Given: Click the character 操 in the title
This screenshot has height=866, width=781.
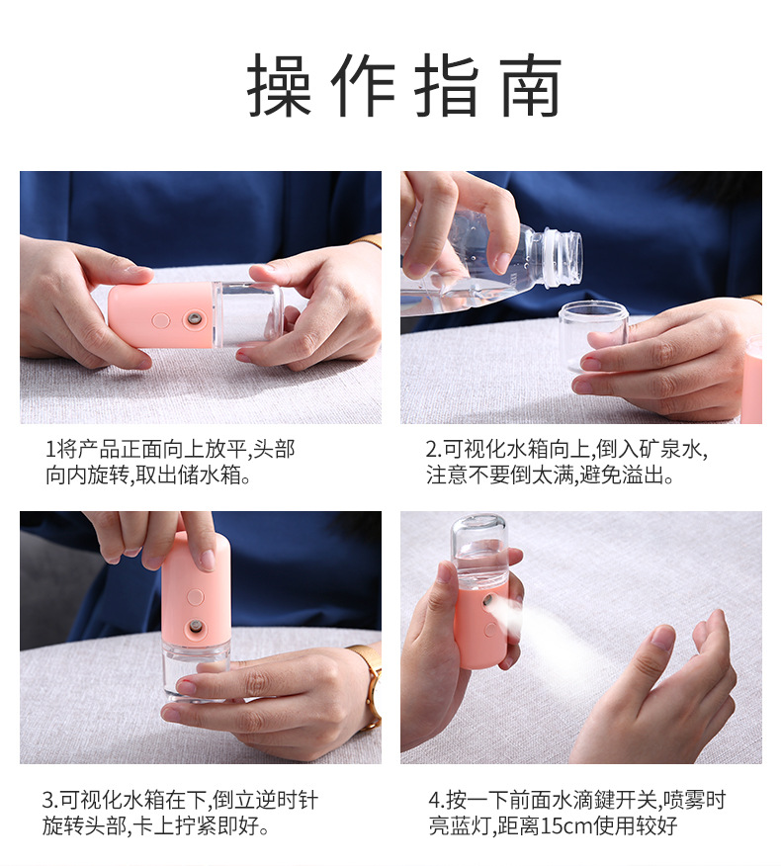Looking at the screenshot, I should point(280,86).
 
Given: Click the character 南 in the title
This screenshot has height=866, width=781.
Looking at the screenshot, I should point(530,86).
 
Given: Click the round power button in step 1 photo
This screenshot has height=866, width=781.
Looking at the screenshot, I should point(160,321).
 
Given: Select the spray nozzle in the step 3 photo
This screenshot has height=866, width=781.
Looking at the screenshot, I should point(196,627).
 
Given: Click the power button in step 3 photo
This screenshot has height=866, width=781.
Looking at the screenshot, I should point(195,597).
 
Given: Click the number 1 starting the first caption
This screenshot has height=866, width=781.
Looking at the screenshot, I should point(50,450).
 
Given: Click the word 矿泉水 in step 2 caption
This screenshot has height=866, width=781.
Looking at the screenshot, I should point(676,450).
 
